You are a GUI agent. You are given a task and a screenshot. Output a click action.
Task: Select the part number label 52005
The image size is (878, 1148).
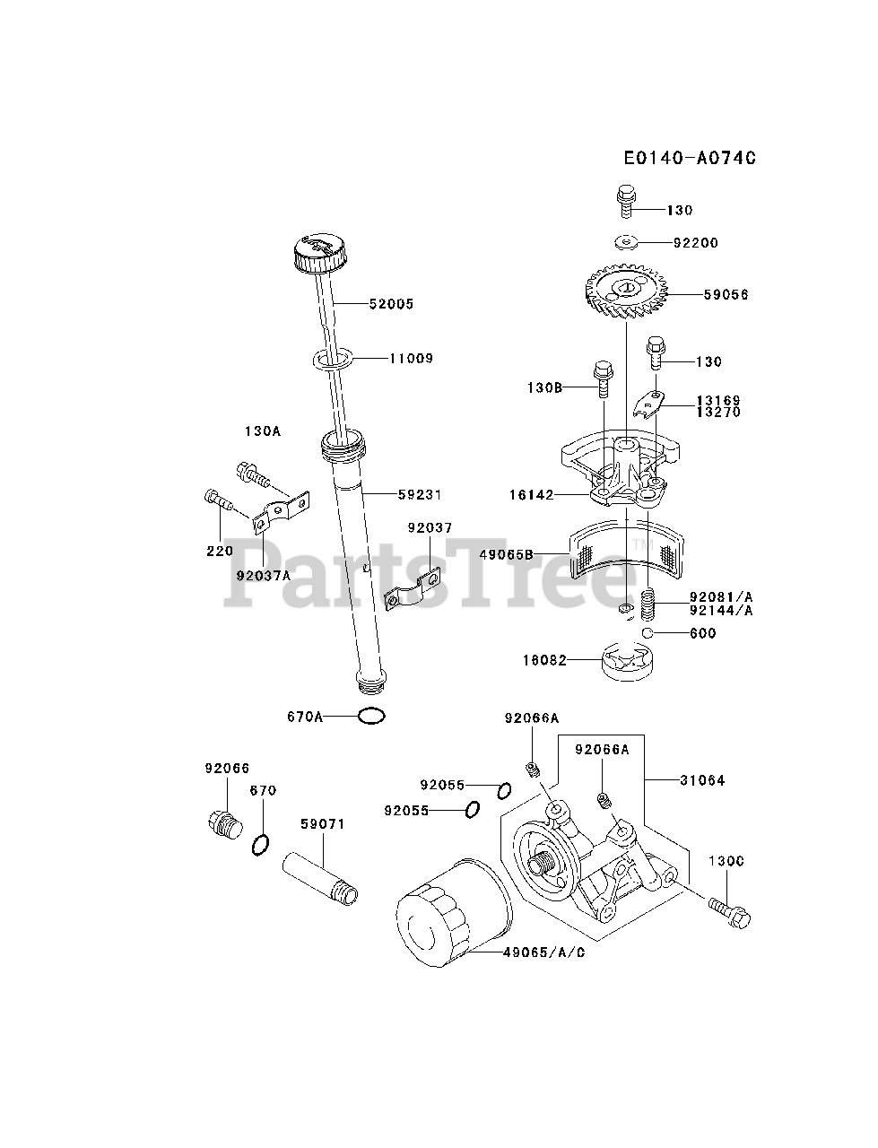point(392,304)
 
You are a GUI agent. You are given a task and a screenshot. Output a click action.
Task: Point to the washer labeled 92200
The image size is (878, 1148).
point(626,242)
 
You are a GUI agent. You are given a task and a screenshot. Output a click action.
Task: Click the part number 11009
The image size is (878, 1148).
point(411,358)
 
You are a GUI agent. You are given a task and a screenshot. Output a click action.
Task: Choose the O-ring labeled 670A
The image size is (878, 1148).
point(371,716)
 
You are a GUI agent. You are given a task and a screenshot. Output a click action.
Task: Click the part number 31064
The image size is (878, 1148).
point(702,780)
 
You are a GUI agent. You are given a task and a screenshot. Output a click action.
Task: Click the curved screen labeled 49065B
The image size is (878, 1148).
point(626,547)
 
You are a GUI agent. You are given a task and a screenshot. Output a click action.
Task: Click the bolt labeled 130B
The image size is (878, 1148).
point(604,380)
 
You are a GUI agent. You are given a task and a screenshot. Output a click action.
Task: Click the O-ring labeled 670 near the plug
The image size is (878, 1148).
point(261,845)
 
